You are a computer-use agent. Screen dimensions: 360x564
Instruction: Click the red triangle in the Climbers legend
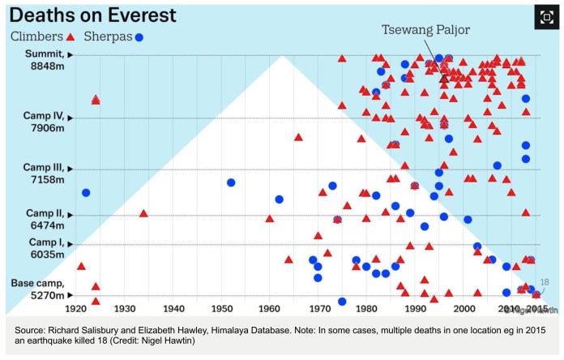click(x=70, y=37)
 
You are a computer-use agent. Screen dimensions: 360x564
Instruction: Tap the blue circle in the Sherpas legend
click(x=139, y=37)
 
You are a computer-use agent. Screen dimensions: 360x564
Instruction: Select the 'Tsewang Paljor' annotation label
click(x=426, y=30)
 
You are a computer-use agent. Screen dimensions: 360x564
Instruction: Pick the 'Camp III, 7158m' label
click(x=36, y=172)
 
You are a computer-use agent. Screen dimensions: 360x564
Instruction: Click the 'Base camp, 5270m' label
click(x=36, y=289)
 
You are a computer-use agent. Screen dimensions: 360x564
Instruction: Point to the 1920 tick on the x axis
click(x=75, y=309)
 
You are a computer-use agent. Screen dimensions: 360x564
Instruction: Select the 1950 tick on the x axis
click(x=222, y=309)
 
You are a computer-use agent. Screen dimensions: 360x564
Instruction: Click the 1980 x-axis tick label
click(x=367, y=309)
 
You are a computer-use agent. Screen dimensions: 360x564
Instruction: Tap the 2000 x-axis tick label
click(x=464, y=309)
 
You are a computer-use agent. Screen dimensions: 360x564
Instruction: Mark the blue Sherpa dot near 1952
click(x=231, y=182)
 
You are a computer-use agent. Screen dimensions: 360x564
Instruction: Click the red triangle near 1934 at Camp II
click(x=143, y=213)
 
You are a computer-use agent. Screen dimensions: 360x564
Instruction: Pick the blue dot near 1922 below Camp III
click(x=86, y=192)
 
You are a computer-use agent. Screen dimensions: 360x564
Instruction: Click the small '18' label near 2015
click(x=545, y=282)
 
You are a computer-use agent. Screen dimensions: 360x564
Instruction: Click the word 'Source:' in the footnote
click(x=32, y=330)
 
